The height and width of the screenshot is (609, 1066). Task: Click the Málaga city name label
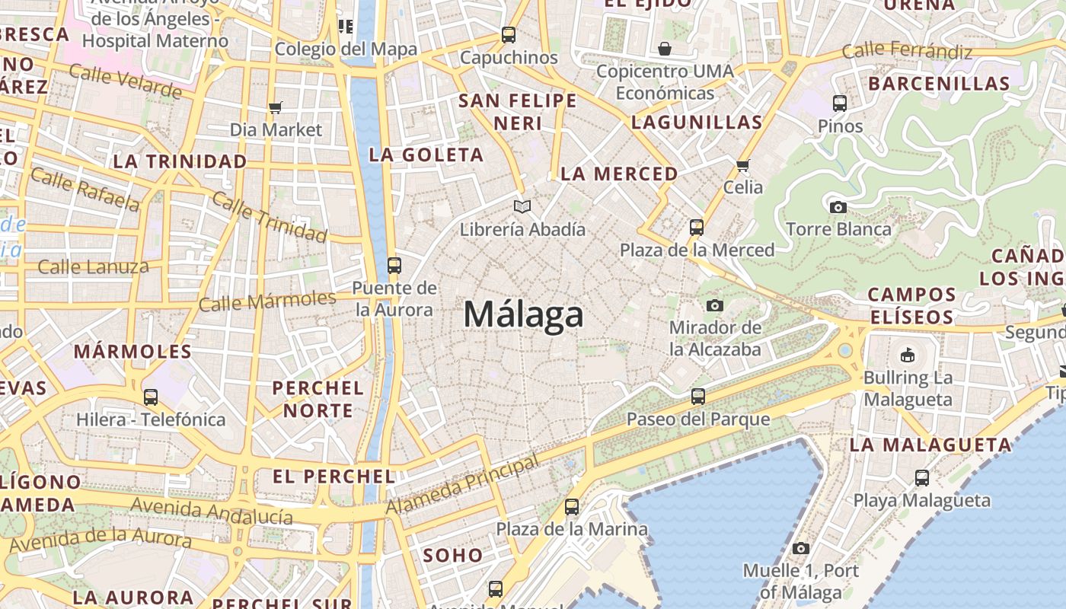pyautogui.click(x=523, y=314)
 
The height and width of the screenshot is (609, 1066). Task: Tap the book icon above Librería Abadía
pyautogui.click(x=522, y=206)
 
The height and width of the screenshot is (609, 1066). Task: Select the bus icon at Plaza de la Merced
pyautogui.click(x=697, y=227)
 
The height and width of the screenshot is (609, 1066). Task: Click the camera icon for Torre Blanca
pyautogui.click(x=838, y=206)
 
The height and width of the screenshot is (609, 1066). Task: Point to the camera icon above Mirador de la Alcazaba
pyautogui.click(x=714, y=305)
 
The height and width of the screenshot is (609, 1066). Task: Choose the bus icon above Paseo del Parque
pyautogui.click(x=698, y=396)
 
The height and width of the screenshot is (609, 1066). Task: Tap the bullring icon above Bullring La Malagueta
pyautogui.click(x=908, y=355)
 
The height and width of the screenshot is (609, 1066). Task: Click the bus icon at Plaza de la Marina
pyautogui.click(x=572, y=506)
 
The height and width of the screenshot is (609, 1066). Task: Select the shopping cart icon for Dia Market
pyautogui.click(x=276, y=107)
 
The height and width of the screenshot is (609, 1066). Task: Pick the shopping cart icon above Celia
pyautogui.click(x=743, y=165)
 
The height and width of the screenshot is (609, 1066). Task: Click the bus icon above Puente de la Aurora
pyautogui.click(x=394, y=266)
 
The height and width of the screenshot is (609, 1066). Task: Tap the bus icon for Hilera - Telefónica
pyautogui.click(x=151, y=397)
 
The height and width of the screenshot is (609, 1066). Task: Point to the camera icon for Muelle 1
pyautogui.click(x=800, y=548)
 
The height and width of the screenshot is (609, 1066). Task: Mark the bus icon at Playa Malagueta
pyautogui.click(x=922, y=478)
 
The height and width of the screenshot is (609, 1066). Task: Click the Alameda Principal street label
pyautogui.click(x=463, y=484)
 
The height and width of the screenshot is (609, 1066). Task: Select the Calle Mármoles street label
pyautogui.click(x=266, y=301)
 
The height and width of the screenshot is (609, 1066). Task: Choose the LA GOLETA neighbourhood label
pyautogui.click(x=426, y=155)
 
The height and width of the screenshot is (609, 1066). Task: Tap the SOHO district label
pyautogui.click(x=453, y=555)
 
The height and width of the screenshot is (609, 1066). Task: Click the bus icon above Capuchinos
pyautogui.click(x=509, y=35)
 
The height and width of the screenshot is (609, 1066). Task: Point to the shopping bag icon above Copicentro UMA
pyautogui.click(x=665, y=49)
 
